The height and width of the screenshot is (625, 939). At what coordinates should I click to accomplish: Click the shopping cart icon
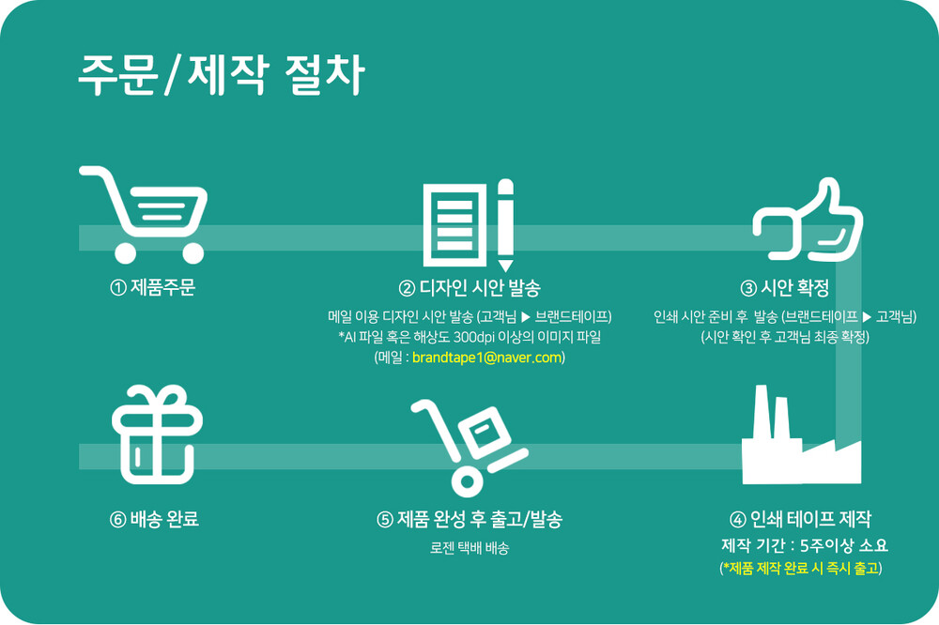[x=143, y=214]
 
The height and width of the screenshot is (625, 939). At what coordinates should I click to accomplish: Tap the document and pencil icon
[x=469, y=225]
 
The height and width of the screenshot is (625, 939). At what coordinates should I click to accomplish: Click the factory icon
[x=801, y=434]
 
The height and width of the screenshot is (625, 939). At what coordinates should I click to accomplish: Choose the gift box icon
[x=158, y=434]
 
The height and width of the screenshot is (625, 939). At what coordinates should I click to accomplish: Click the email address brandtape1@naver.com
[x=487, y=358]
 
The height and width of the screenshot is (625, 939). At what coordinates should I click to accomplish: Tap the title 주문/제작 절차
[x=222, y=75]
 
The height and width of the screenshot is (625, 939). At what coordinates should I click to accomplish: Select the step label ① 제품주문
[x=153, y=288]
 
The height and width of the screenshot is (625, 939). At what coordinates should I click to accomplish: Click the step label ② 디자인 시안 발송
[x=469, y=288]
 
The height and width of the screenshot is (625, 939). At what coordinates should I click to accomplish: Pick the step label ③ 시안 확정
[x=784, y=288]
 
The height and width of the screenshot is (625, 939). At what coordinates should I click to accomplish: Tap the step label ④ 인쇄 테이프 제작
[x=801, y=519]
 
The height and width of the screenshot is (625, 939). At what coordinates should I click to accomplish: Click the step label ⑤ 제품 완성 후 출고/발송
[x=469, y=519]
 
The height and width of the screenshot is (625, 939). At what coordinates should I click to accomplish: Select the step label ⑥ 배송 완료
[x=154, y=519]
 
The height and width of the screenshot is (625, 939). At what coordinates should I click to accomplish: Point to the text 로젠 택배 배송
[x=469, y=548]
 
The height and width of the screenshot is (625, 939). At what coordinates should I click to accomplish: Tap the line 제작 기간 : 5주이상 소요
[x=805, y=545]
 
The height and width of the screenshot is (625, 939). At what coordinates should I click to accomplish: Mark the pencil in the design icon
[x=505, y=225]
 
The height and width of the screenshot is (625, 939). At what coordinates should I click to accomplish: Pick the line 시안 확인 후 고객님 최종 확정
[x=785, y=337]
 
